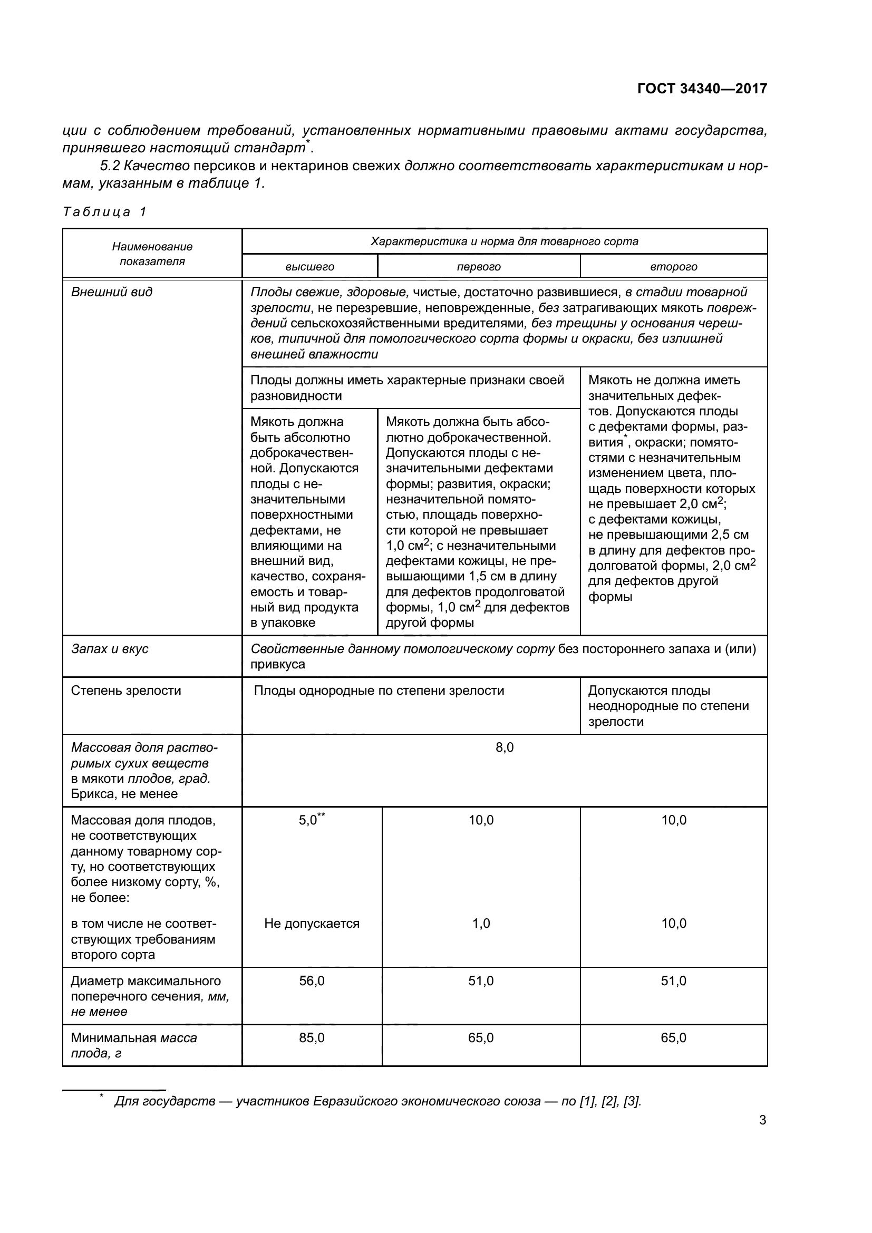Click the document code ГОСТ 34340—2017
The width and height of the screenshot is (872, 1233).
(702, 89)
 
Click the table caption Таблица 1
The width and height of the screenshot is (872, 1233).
(105, 211)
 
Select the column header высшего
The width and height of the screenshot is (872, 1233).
(310, 267)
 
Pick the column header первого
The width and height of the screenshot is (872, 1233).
(478, 267)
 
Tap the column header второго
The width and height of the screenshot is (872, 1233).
(673, 267)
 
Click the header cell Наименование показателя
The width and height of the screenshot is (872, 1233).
(152, 254)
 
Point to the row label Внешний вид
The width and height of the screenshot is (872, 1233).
(112, 292)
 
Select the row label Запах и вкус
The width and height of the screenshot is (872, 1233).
(110, 649)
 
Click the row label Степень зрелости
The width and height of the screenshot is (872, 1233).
(125, 691)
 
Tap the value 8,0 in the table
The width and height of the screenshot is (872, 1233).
(504, 747)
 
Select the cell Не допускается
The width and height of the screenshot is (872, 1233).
(312, 924)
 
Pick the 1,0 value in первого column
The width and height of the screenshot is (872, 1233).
(481, 924)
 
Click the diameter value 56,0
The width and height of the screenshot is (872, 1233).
(312, 981)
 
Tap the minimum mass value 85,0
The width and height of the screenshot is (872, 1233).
(312, 1038)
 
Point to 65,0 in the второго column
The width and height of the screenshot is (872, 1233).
(673, 1038)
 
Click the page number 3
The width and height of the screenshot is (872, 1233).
(762, 1120)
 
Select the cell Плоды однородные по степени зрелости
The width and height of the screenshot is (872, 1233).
(379, 691)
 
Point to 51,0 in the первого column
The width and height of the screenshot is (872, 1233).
(481, 981)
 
